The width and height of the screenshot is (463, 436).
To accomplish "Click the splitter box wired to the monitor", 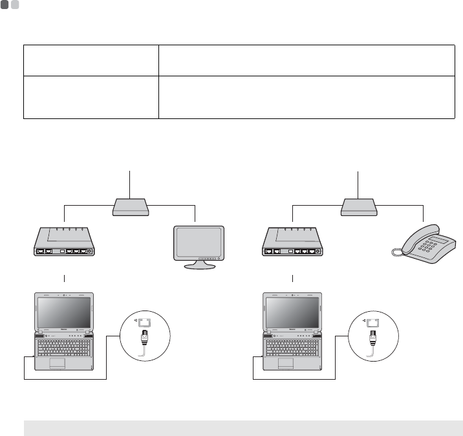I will (x=131, y=207).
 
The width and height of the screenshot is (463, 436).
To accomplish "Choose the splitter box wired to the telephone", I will (x=358, y=207).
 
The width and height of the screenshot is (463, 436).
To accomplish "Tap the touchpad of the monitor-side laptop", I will (x=57, y=362).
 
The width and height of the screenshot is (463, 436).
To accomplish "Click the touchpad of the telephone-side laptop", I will (x=285, y=362).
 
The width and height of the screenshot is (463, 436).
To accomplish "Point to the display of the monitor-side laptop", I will (x=65, y=313).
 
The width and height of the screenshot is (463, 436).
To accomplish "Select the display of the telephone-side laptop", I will (x=292, y=313).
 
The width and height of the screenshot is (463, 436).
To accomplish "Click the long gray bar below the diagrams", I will (x=242, y=428).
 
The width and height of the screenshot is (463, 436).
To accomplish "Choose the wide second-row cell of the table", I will (x=307, y=97).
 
